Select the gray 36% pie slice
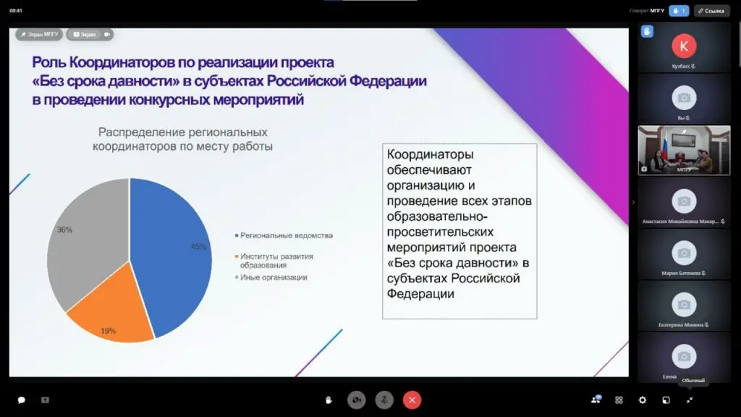[x=83, y=239]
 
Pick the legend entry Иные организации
[x=274, y=277]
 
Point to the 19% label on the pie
[x=108, y=331]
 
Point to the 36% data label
[x=64, y=229]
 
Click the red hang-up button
[x=412, y=400]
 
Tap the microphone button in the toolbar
[x=384, y=400]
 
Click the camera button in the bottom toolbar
[x=356, y=400]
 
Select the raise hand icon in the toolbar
[x=329, y=400]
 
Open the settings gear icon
[x=642, y=400]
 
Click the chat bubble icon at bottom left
[x=22, y=400]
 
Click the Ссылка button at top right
[x=711, y=11]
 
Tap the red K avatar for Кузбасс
[x=684, y=46]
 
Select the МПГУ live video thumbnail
[x=684, y=150]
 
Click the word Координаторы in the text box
[x=431, y=155]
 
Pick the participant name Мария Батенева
[x=682, y=274]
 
